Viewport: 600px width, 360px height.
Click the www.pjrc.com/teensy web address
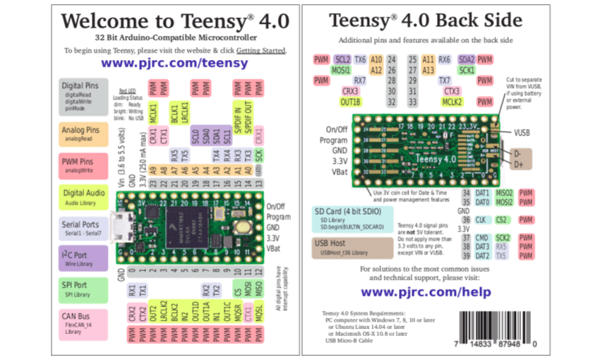coord(174,62)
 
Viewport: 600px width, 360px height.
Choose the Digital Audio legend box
coord(83,197)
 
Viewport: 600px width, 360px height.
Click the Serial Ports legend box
coord(83,228)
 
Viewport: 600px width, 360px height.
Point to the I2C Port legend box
coord(83,258)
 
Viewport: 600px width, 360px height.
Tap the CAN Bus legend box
coord(83,322)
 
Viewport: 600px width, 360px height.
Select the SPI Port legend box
coord(83,289)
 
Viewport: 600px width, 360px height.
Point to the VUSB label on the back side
coord(522,132)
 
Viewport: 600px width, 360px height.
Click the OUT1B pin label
coord(350,102)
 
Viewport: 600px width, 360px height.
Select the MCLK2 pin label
coord(452,102)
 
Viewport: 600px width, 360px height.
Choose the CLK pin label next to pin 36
coord(480,220)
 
